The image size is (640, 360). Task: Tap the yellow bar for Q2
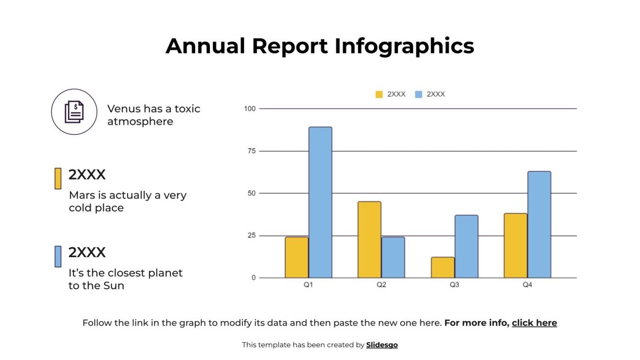coord(369,240)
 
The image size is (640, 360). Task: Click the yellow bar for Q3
coord(442,267)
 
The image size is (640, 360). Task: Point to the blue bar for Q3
coord(466,246)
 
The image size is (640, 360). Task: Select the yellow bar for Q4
coord(515,245)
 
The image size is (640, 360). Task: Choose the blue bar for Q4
coord(539,224)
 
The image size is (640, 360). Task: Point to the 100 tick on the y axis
coord(250,109)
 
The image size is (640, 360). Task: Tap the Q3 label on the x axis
coord(454,285)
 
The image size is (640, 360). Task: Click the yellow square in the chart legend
coord(379,94)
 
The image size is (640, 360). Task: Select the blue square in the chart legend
coord(419,94)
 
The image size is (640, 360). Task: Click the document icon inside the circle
coord(74,111)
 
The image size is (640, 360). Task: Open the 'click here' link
coord(534,323)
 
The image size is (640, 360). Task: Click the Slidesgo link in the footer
coord(382,345)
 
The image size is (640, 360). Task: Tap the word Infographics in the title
coord(404,46)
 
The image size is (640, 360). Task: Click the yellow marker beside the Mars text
coord(58,178)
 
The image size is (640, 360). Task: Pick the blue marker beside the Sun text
coord(58,256)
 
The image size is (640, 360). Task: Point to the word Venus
coord(122,109)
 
